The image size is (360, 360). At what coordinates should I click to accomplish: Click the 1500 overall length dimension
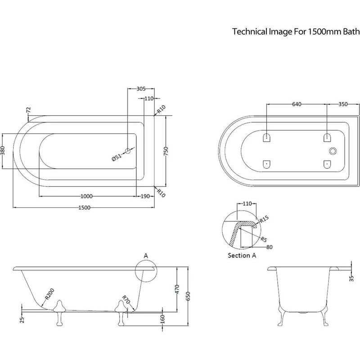[85, 207]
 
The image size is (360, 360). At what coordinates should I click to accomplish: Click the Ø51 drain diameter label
[117, 157]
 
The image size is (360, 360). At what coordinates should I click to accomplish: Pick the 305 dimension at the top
[140, 89]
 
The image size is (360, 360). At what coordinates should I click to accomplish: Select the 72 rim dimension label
[28, 110]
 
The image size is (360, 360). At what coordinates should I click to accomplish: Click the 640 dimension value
[297, 104]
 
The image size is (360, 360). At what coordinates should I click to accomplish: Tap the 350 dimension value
[343, 104]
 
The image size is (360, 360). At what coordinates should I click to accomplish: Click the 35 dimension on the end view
[351, 278]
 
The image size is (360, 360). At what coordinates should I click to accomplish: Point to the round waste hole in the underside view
[333, 151]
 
